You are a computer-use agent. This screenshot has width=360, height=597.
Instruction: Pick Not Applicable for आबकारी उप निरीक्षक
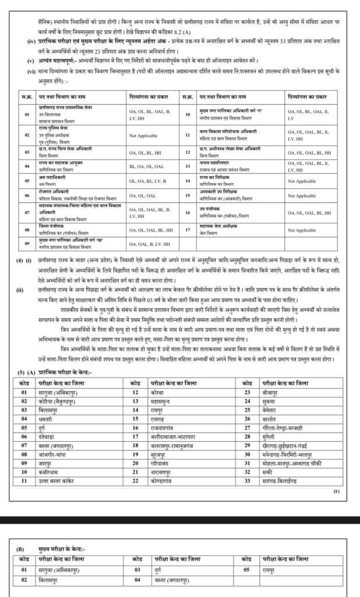(302, 196)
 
